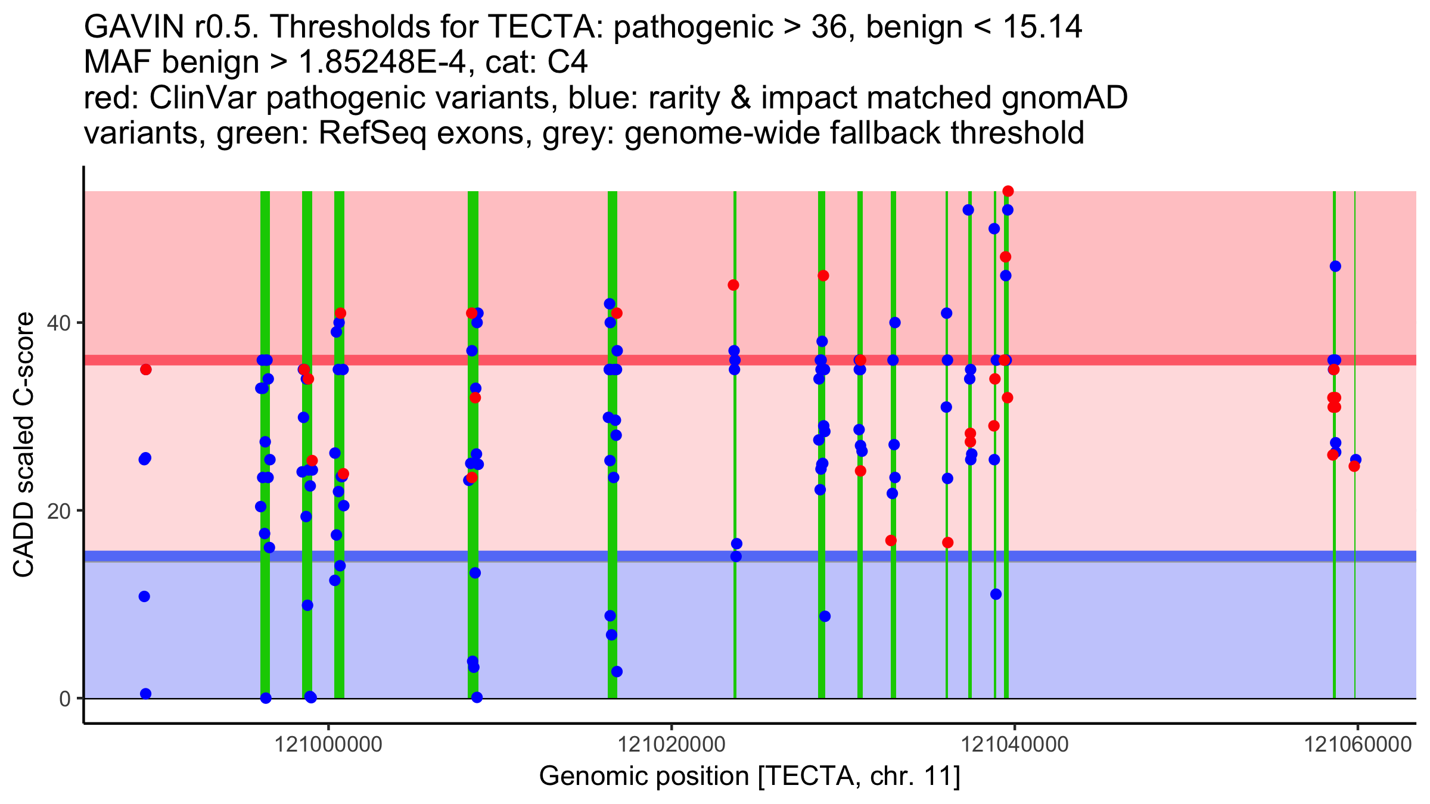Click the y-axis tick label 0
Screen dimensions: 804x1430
[x=65, y=699]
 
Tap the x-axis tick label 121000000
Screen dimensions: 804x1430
[x=328, y=745]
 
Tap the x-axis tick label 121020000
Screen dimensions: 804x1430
[x=672, y=745]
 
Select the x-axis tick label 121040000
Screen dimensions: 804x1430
[x=1015, y=745]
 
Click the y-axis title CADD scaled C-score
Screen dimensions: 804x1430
[x=24, y=445]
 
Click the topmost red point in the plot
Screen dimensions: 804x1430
[x=1008, y=191]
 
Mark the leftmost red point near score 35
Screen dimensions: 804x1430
[x=146, y=370]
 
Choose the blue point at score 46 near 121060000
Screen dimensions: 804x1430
[x=1335, y=266]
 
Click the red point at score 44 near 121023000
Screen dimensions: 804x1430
[x=733, y=285]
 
